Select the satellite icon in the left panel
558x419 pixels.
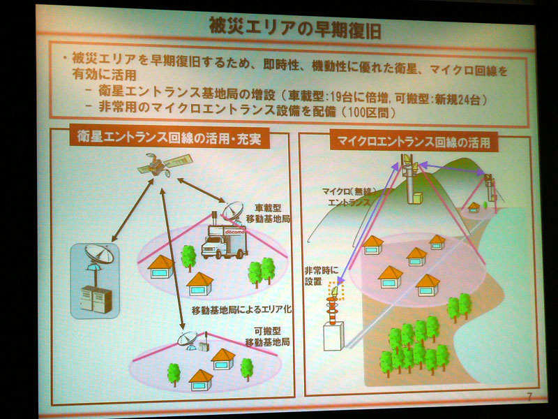(x=158, y=165)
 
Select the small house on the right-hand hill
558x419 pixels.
(x=474, y=206)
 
